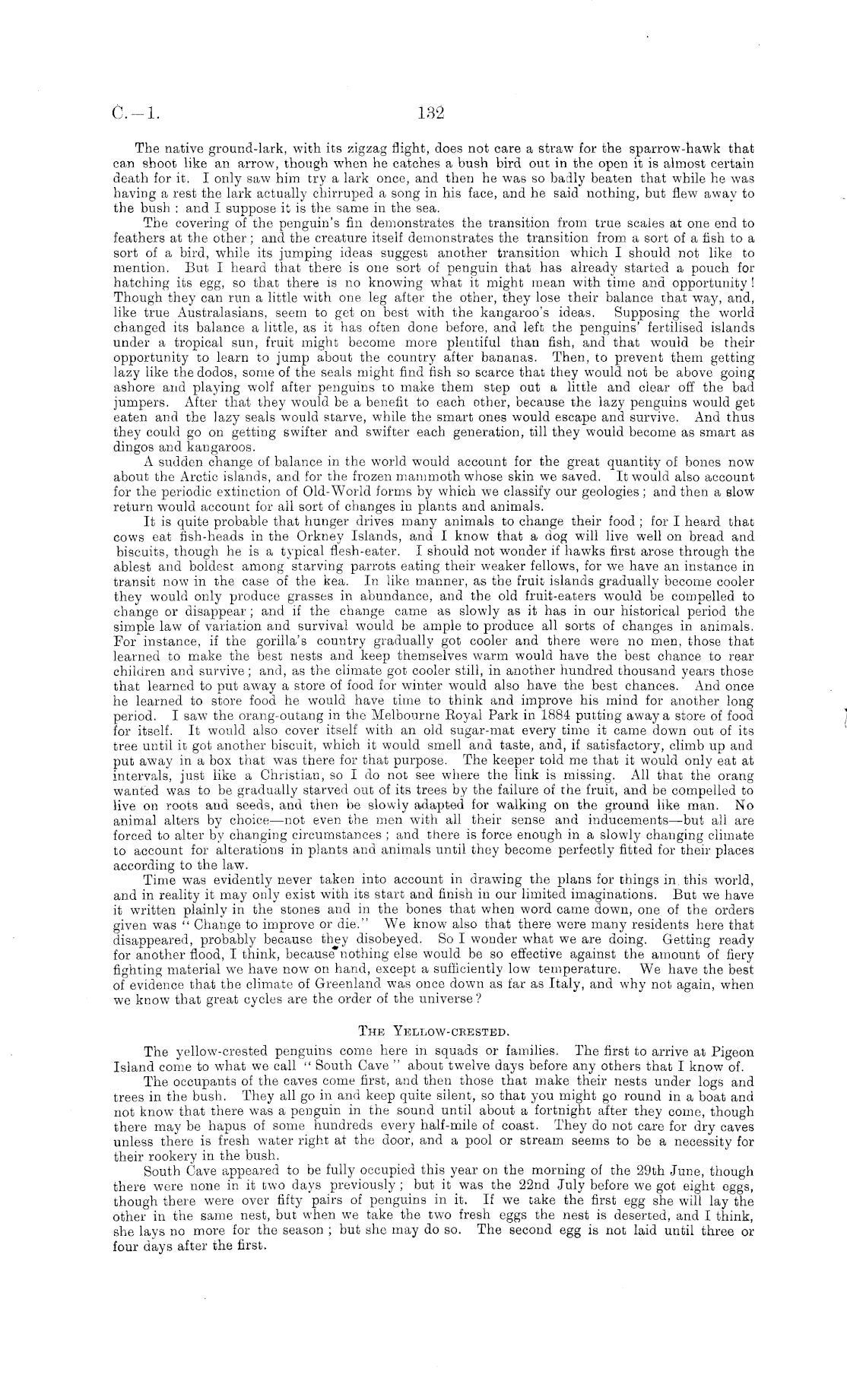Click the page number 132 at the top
click(x=430, y=114)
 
